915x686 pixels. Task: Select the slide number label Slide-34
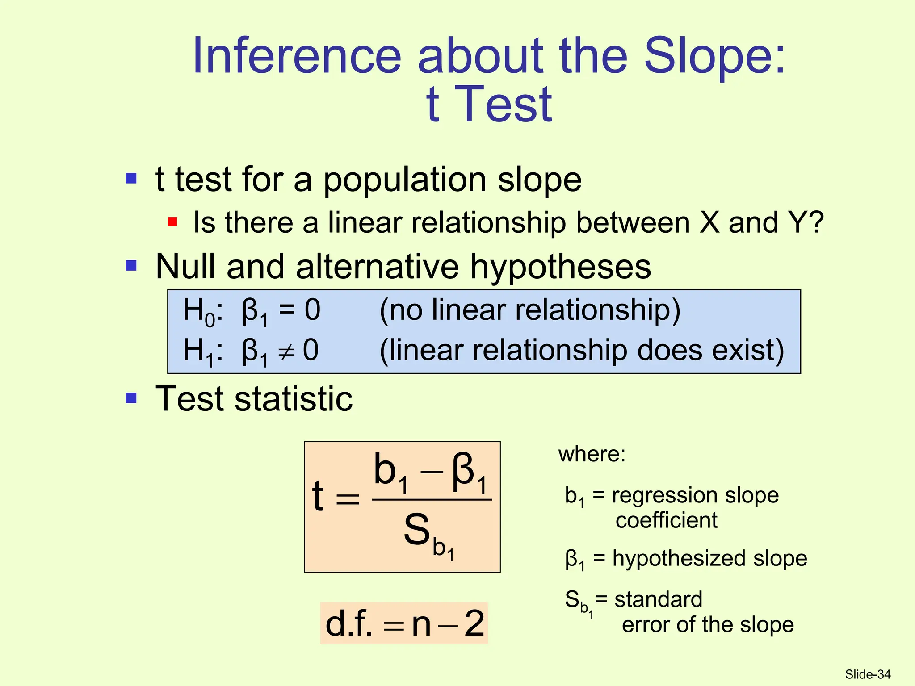pos(868,674)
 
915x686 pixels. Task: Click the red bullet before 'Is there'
pos(172,222)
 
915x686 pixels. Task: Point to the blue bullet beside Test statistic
pos(131,397)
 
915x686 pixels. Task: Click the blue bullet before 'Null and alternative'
pos(131,266)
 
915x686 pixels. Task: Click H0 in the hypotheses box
pos(198,311)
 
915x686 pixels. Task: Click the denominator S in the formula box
pos(416,530)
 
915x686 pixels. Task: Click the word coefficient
pos(666,520)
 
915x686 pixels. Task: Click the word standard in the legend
pos(658,599)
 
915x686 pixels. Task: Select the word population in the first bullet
pos(404,180)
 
